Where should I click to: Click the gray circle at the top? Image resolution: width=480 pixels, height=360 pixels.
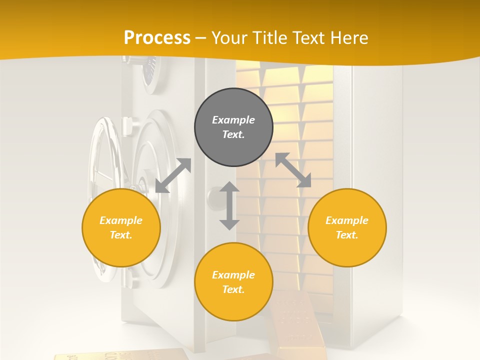pos(233,127)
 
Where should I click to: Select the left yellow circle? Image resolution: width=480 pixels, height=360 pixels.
pos(121,227)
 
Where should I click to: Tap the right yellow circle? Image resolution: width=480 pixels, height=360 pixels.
pos(347,227)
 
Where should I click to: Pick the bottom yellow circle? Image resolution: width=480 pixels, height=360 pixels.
pos(233,282)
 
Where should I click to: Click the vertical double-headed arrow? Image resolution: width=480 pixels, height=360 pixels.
pos(229,205)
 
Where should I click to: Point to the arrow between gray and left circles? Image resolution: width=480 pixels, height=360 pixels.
pos(173,175)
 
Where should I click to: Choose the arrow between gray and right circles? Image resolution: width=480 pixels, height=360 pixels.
pos(293,170)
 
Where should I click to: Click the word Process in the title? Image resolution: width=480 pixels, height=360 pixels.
pos(157,37)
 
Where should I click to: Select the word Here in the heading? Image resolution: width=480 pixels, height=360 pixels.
pos(349,37)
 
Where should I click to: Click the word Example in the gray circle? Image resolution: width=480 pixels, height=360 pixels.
pos(233,120)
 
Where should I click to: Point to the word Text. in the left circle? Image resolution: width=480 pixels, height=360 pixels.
pos(121,235)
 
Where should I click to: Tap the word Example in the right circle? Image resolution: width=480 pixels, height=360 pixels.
pos(347,220)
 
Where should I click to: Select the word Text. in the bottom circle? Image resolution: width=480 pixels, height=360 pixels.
pos(233,289)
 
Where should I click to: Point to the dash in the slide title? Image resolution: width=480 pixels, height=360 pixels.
pos(201,38)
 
